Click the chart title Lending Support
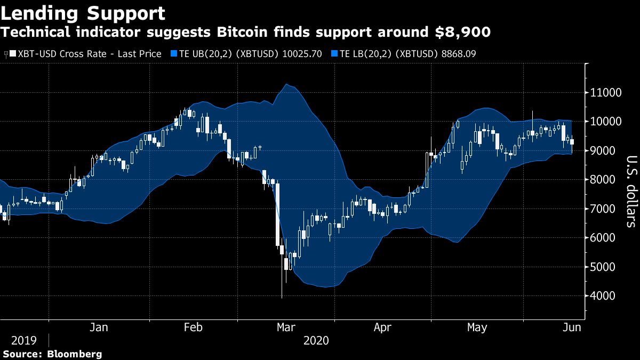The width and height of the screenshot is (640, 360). click(x=83, y=13)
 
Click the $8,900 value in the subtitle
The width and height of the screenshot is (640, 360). click(x=462, y=33)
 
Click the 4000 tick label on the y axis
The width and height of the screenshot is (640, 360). click(x=604, y=296)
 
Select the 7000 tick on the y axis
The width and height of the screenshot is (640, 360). click(x=604, y=209)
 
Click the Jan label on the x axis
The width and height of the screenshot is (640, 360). click(x=99, y=327)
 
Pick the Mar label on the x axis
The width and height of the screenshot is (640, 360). click(x=285, y=327)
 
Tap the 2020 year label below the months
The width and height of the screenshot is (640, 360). click(x=316, y=340)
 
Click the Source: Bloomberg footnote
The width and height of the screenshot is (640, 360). click(x=52, y=354)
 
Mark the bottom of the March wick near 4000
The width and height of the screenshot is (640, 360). click(x=282, y=298)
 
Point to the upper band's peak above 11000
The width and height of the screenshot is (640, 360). click(x=286, y=84)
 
